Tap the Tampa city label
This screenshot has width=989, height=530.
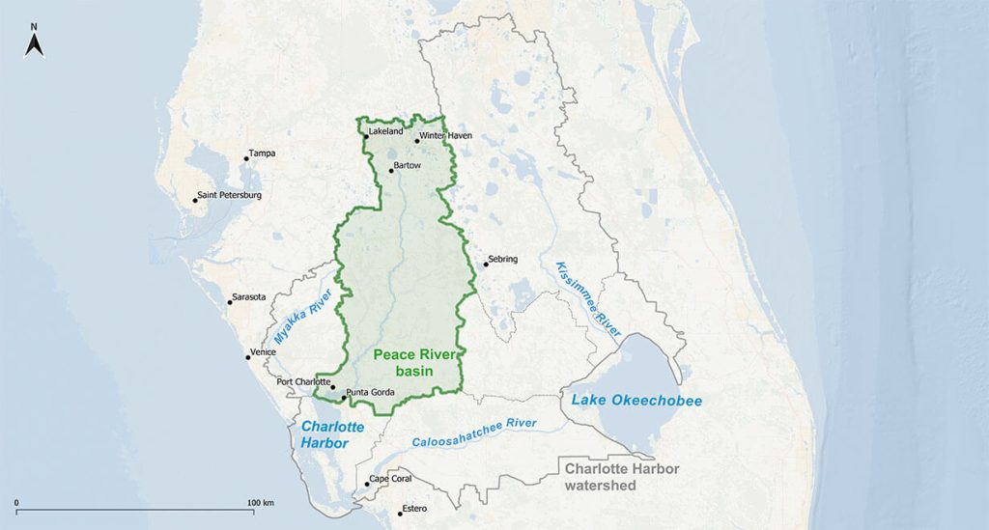click(x=263, y=153)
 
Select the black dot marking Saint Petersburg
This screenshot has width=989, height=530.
click(x=195, y=201)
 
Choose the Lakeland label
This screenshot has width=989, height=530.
click(x=385, y=131)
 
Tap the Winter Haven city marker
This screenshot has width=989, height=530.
click(x=417, y=141)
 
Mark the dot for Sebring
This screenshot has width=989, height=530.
click(x=486, y=265)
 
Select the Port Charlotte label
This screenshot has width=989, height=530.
click(x=302, y=382)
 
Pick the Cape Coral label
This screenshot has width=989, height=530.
click(x=392, y=480)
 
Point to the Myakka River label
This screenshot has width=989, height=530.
click(x=303, y=319)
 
